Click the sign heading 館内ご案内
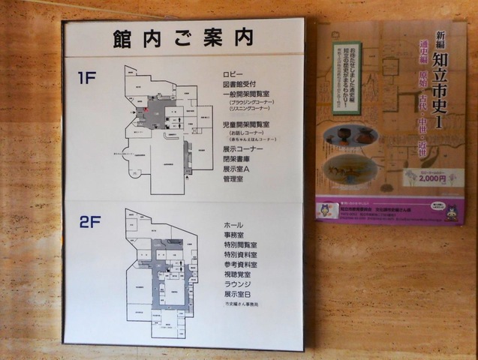pos(184,38)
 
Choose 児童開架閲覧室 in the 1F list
pos(248,122)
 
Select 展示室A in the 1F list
pos(236,169)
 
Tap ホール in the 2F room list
pos(233,225)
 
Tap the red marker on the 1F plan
pos(138,112)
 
